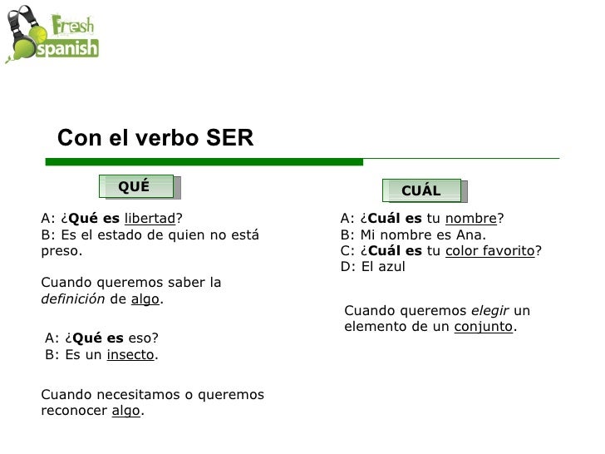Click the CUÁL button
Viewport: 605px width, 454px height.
[x=421, y=190]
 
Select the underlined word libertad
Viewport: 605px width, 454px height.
[x=150, y=219]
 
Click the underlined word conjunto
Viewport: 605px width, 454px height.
[x=484, y=327]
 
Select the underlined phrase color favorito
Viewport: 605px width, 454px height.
[x=490, y=250]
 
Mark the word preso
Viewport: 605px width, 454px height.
[x=61, y=250]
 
